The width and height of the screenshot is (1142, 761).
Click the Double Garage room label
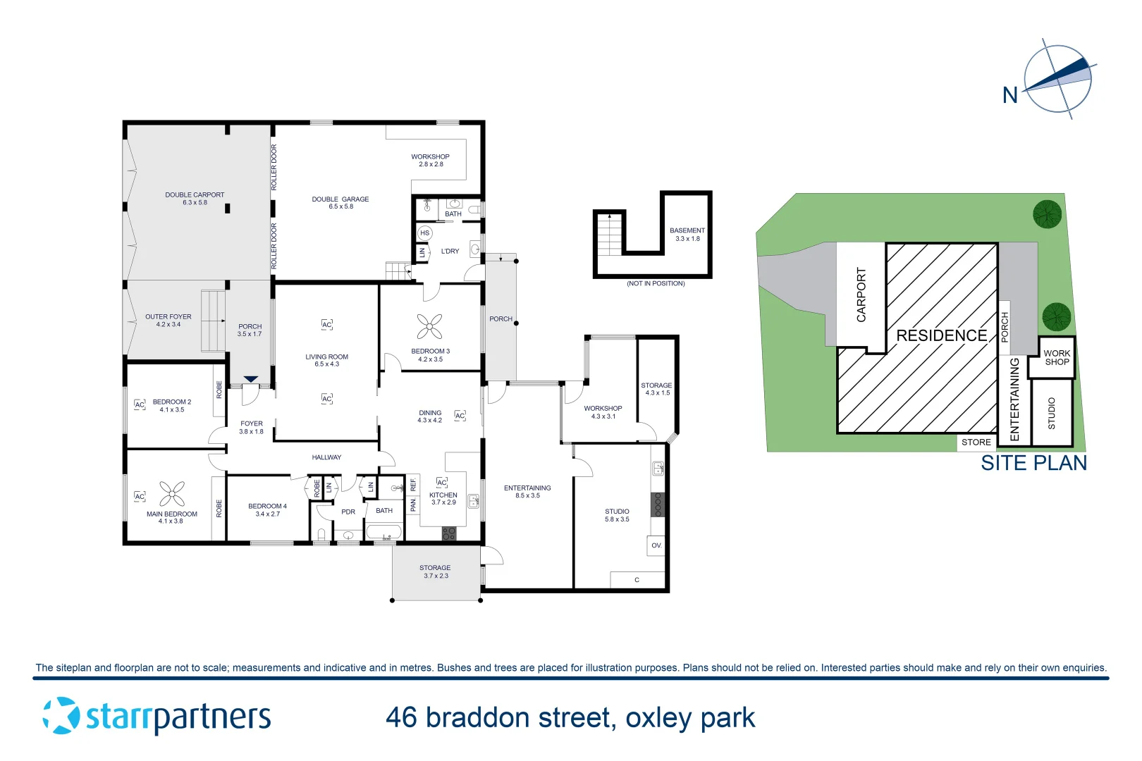(340, 203)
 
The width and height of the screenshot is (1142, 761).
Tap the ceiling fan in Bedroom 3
(429, 326)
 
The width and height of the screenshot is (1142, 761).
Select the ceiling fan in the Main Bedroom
(172, 494)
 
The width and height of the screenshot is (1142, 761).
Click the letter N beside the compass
(1010, 95)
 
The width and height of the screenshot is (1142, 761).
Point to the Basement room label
(687, 235)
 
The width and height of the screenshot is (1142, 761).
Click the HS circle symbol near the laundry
(424, 233)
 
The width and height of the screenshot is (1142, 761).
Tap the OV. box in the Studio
(656, 545)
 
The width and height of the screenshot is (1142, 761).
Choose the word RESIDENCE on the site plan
(941, 335)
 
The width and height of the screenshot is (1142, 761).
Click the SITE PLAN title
(1033, 463)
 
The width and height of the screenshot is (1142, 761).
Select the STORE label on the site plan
(976, 443)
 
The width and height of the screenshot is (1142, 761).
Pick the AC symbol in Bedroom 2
(140, 404)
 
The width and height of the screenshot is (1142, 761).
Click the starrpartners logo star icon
(61, 716)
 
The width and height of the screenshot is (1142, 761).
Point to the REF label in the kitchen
(413, 485)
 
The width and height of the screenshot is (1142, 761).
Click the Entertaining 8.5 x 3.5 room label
(527, 492)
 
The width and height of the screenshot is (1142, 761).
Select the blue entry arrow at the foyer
(250, 379)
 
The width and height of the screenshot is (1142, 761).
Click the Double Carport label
(195, 199)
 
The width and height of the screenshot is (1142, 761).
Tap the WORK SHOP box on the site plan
(1056, 358)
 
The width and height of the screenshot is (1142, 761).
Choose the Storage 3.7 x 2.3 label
(435, 571)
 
